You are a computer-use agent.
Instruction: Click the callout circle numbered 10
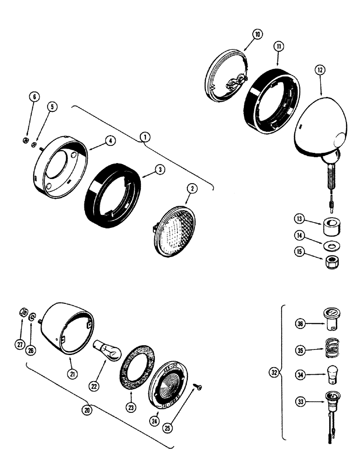coord(258,34)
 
